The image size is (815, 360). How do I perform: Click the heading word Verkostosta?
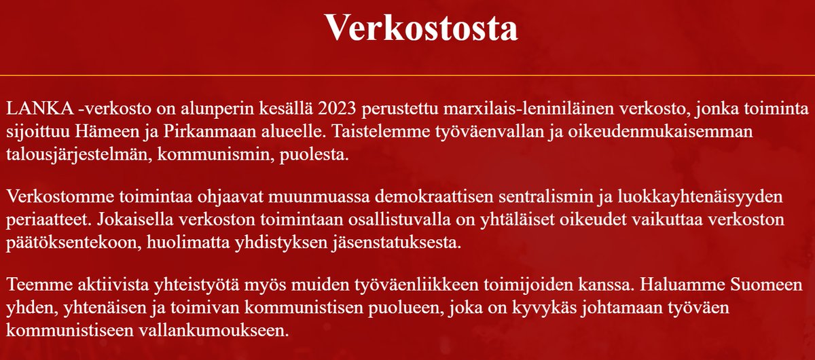[x=421, y=27]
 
